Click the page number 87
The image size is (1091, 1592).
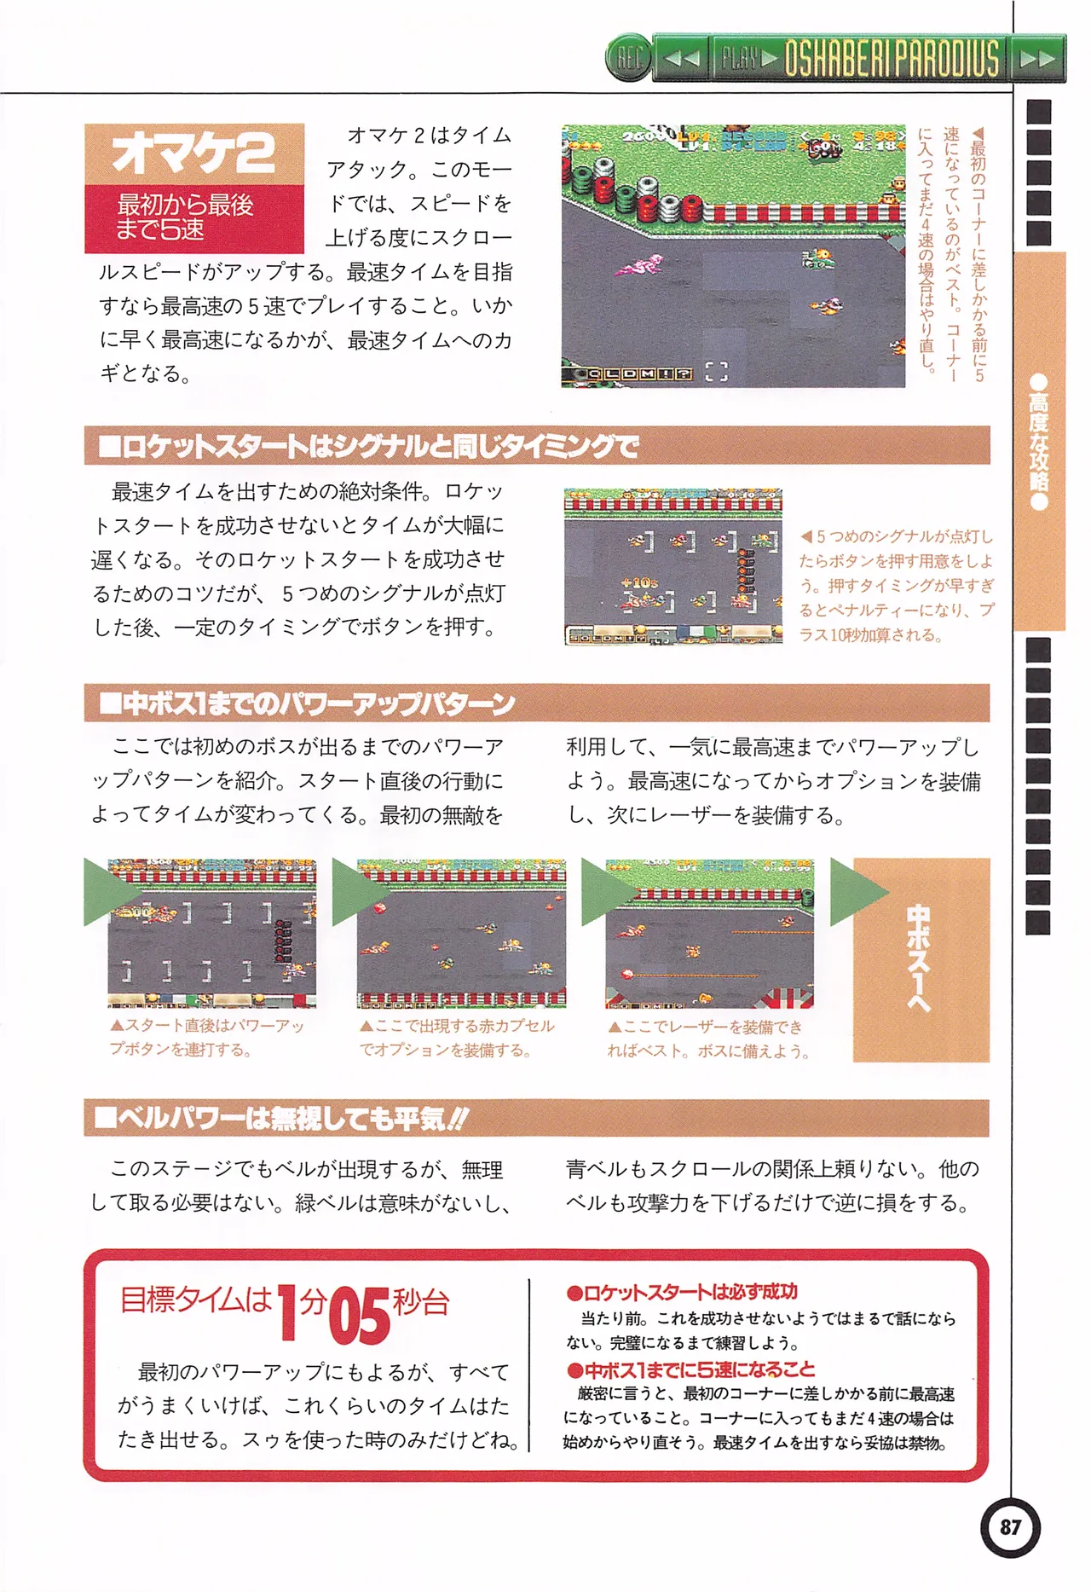tap(1010, 1526)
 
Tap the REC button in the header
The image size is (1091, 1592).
tap(629, 59)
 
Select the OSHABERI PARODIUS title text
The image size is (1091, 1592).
tap(891, 59)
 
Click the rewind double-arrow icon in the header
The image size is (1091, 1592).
tap(682, 59)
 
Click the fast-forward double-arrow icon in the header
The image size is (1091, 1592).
tap(1037, 59)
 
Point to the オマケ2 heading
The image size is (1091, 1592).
tap(193, 153)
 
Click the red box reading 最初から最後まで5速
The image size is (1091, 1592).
tap(193, 217)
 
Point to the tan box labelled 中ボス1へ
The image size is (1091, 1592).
tap(921, 959)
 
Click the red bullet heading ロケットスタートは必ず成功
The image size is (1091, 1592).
tap(682, 1292)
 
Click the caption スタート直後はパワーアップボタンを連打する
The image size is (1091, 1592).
tap(207, 1037)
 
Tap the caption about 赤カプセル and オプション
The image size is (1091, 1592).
tap(456, 1038)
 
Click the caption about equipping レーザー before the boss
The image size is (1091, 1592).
tap(707, 1039)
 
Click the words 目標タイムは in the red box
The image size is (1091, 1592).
tap(195, 1300)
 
